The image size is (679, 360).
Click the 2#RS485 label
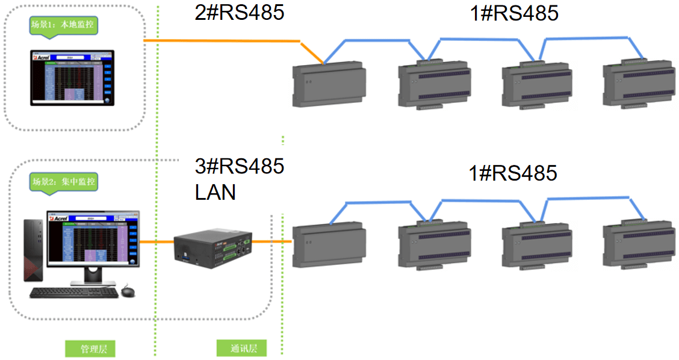[239, 13]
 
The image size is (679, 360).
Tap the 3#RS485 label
[239, 166]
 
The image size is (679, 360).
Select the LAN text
[215, 192]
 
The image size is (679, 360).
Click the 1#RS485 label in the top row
[513, 13]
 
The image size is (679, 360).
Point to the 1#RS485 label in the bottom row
[513, 173]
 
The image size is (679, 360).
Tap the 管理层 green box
[90, 348]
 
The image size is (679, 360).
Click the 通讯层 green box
[241, 348]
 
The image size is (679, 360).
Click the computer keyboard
[73, 293]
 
